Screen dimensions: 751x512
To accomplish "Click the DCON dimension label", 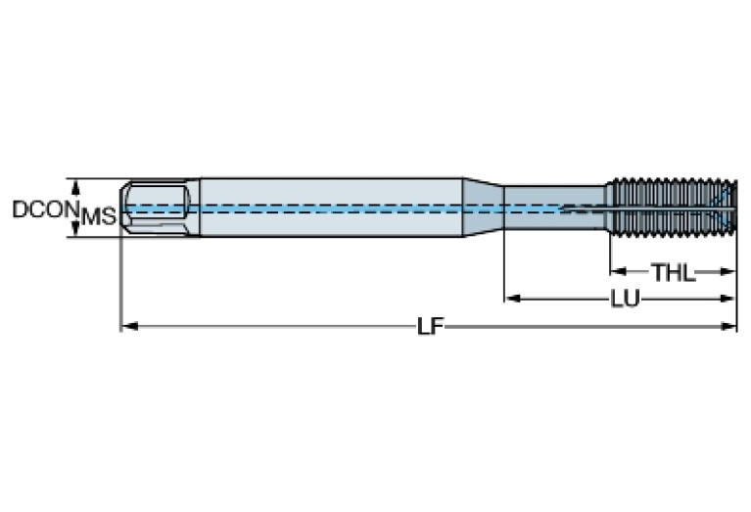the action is tap(45, 209).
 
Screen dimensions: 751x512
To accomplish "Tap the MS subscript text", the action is tap(99, 217).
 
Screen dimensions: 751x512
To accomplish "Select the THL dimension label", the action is tap(673, 272).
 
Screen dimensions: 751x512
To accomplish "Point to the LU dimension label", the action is tap(625, 299).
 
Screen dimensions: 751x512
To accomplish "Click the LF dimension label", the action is tap(430, 327).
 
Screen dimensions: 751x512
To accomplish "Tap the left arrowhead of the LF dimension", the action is tap(129, 327).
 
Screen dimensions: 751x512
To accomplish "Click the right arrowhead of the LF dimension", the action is tap(728, 327).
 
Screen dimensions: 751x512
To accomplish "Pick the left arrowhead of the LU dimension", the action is tap(513, 299).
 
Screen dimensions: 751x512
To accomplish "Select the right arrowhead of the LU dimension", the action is tap(727, 299).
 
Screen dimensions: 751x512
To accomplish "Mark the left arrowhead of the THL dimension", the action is tap(619, 272).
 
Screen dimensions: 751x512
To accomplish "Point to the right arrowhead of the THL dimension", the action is tap(727, 272).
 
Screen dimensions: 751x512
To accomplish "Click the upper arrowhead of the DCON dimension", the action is tap(74, 187).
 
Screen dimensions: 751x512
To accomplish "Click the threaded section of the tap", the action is tap(671, 208).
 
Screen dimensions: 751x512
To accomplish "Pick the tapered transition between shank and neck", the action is tap(483, 208).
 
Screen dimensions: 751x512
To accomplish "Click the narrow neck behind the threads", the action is tap(555, 208).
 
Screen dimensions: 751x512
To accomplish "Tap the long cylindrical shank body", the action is tap(331, 208).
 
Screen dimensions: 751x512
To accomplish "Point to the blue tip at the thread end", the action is tap(726, 208).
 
